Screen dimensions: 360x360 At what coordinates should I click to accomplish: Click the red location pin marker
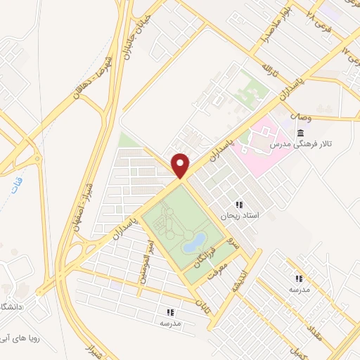click(x=181, y=165)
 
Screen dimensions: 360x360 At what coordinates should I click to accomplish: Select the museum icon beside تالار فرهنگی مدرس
click(x=301, y=134)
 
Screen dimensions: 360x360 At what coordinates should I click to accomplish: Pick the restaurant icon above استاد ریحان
click(x=239, y=205)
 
